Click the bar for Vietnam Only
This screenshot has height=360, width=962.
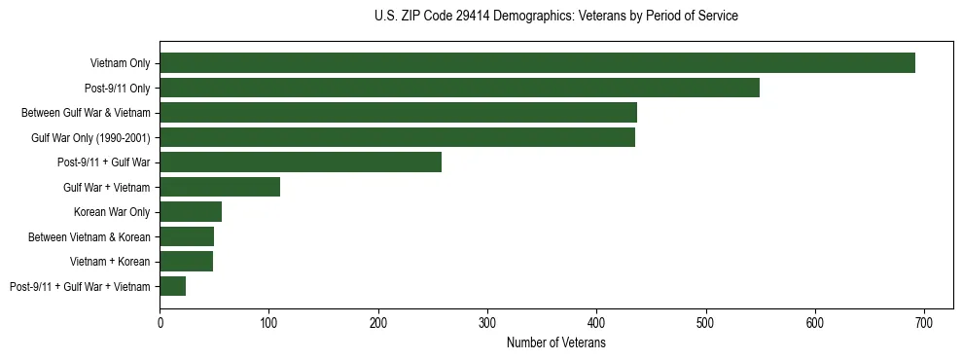(x=537, y=63)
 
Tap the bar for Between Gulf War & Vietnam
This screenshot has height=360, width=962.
(x=398, y=113)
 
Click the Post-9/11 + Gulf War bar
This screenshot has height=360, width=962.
(x=301, y=162)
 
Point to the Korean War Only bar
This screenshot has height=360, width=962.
(x=191, y=212)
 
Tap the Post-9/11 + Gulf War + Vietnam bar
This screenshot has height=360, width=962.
(x=172, y=286)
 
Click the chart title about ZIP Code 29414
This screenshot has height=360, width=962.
(x=555, y=17)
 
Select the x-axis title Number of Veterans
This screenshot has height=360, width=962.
(x=555, y=343)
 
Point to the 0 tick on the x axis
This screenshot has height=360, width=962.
(x=160, y=322)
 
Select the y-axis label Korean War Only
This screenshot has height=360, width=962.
(x=112, y=212)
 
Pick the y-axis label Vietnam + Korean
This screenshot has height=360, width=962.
(x=110, y=262)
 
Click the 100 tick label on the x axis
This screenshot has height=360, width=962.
(x=268, y=322)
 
